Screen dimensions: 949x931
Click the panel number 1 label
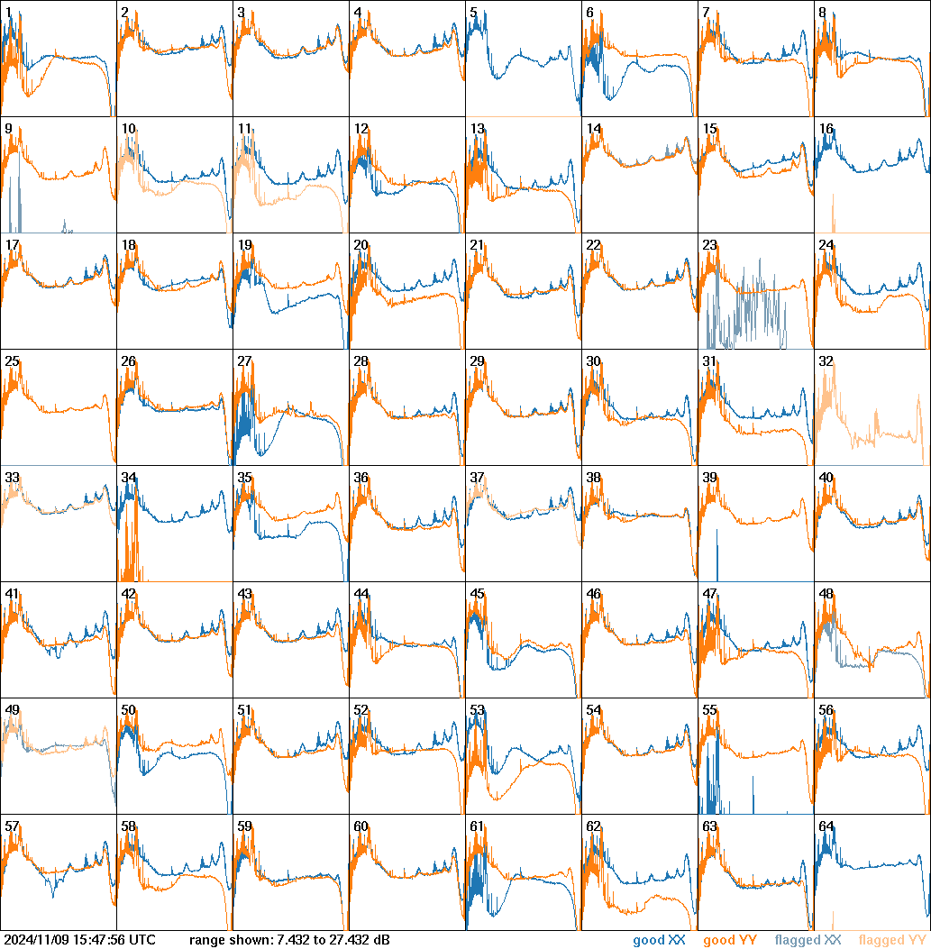click(x=8, y=13)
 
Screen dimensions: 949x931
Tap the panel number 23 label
click(x=710, y=245)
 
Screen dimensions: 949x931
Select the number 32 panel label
click(x=826, y=361)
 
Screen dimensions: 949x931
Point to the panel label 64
click(x=826, y=826)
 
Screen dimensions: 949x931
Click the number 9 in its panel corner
click(x=8, y=129)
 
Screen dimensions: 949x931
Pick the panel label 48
click(x=826, y=594)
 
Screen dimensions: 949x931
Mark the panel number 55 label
click(x=710, y=710)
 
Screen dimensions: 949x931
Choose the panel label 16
click(x=826, y=129)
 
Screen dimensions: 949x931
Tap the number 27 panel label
click(x=244, y=361)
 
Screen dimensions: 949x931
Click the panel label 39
click(x=710, y=478)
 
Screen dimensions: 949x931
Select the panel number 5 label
click(x=473, y=13)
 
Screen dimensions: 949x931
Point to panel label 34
click(x=129, y=478)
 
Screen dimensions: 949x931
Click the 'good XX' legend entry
click(x=662, y=941)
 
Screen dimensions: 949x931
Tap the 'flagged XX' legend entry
click(x=808, y=941)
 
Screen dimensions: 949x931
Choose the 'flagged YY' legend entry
click(x=892, y=941)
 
